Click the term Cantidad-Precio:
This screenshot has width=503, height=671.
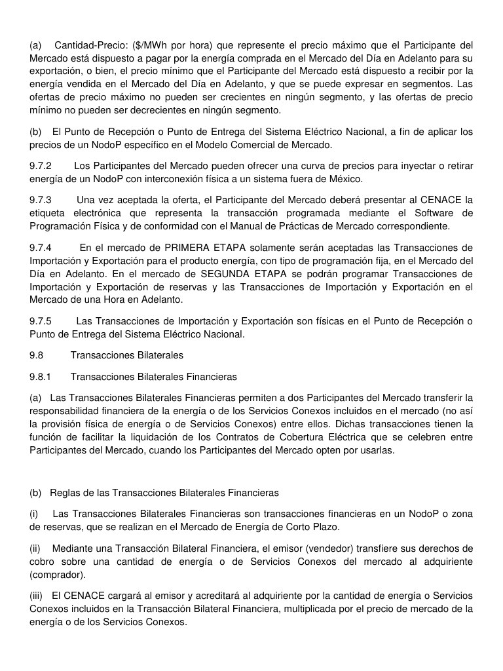[x=90, y=45]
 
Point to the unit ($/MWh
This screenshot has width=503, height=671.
[x=151, y=45]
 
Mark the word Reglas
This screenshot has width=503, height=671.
[x=65, y=493]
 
